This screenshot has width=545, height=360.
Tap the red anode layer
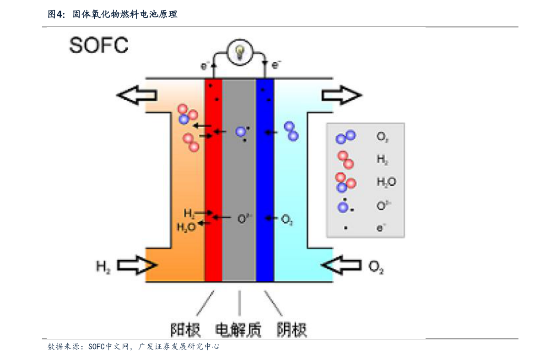coord(213,183)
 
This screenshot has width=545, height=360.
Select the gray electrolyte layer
coord(239,183)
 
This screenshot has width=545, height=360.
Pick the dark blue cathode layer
coord(265,183)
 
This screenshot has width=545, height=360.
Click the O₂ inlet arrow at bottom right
coord(341,265)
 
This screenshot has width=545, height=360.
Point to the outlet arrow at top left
coord(137,95)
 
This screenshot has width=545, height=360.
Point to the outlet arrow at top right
coord(341,95)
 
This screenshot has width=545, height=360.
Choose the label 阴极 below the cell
coord(291,329)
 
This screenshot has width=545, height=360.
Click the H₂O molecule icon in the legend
coord(345,182)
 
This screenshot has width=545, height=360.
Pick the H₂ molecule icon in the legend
coord(345,159)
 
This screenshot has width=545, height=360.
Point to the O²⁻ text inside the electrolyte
coord(245,218)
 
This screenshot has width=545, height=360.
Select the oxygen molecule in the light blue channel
coord(291,131)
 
